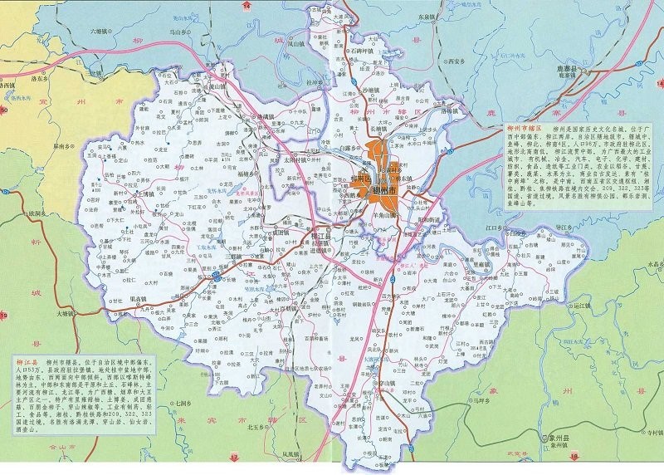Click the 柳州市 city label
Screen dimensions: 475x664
[x=386, y=192]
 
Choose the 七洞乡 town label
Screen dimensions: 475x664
[x=183, y=404]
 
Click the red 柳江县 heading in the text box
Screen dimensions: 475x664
[x=28, y=364]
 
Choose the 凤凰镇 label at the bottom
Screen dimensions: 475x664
[x=289, y=453]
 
